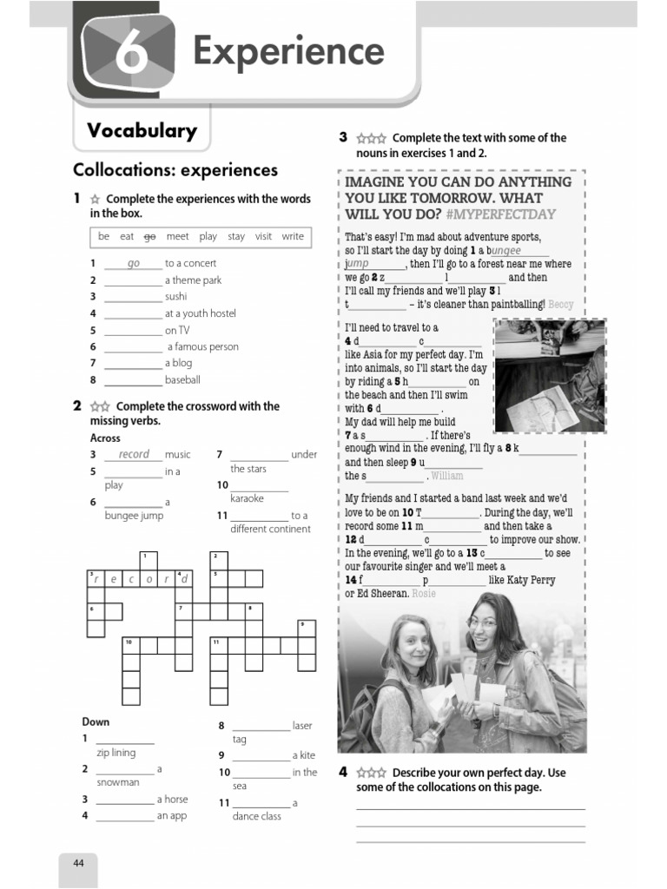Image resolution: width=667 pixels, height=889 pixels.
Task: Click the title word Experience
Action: pos(288,51)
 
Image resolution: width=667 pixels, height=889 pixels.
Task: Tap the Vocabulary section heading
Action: pos(142,131)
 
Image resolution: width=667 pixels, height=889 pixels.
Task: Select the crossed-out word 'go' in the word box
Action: pos(149,236)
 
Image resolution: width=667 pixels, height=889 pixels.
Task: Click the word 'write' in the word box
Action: pos(293,236)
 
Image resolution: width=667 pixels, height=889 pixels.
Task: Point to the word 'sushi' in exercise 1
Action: pos(176,297)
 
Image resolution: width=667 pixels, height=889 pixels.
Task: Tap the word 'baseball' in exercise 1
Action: pos(182,379)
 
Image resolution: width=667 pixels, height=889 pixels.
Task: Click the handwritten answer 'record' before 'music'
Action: pos(134,454)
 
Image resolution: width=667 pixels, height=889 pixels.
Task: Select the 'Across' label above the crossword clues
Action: pos(105,438)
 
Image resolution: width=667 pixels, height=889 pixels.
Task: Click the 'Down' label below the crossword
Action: pos(96,722)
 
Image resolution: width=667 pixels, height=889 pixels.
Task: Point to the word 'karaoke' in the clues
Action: pos(248,498)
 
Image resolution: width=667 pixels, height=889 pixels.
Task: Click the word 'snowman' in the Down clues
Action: pos(118,782)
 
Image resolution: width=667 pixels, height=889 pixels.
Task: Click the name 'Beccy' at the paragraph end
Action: pos(561,305)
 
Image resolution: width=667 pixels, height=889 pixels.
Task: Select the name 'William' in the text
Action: pos(447,476)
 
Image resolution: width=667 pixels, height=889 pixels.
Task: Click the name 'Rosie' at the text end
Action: pos(424,594)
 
